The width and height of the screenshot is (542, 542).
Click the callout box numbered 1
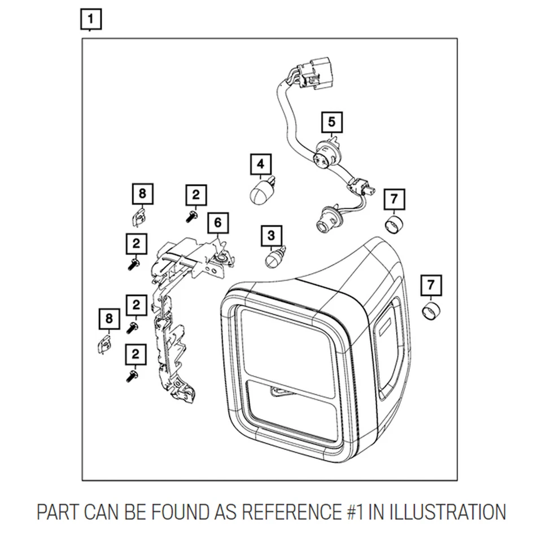[x=91, y=19]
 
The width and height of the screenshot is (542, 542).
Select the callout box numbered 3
[x=272, y=236]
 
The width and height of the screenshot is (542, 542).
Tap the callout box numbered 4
[x=261, y=164]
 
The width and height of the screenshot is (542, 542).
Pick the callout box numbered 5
[x=332, y=122]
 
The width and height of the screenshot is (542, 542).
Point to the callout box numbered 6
[x=218, y=222]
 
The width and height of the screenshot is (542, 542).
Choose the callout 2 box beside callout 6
[x=196, y=195]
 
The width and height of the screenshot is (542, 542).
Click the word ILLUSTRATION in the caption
[x=448, y=512]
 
